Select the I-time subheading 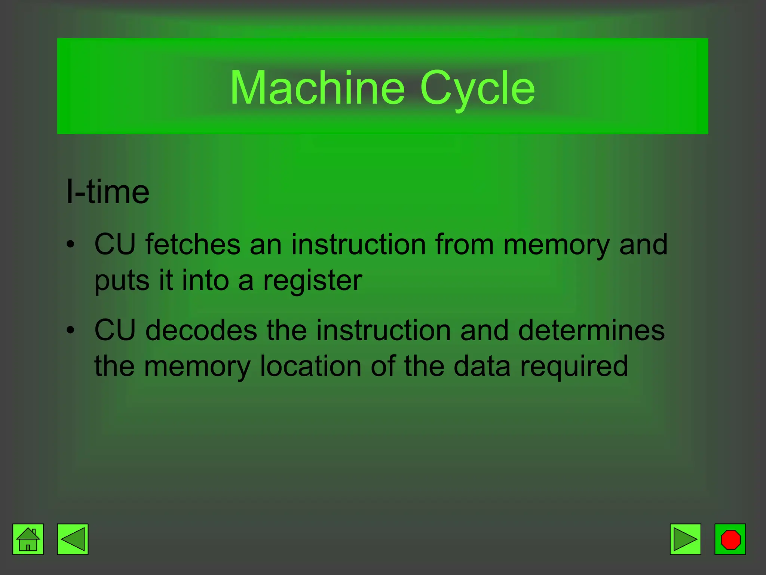click(108, 192)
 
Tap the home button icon click(28, 539)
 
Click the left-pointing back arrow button click(73, 539)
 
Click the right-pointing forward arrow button click(685, 539)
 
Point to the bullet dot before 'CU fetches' click(70, 245)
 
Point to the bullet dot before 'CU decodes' click(70, 331)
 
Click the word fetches click(193, 244)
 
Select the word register click(313, 281)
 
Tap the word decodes click(201, 330)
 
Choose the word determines click(591, 330)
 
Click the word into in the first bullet click(205, 280)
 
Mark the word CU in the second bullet click(115, 330)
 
